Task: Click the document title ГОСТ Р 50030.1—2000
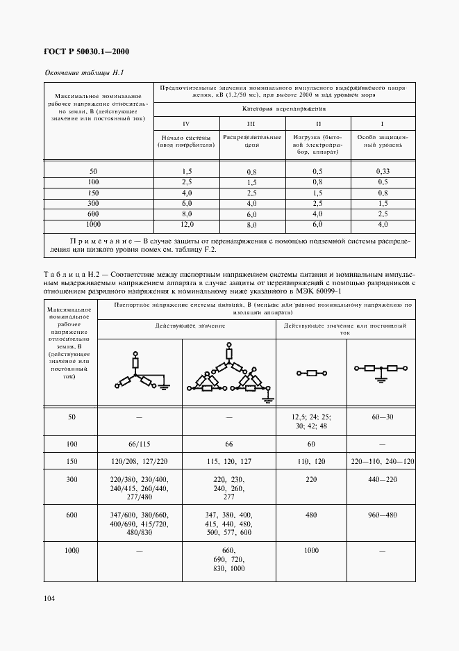[x=87, y=52]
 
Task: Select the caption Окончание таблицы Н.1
[x=84, y=73]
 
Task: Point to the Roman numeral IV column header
[x=186, y=123]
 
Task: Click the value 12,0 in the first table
[x=186, y=225]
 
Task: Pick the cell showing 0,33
[x=382, y=170]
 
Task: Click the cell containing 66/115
[x=140, y=442]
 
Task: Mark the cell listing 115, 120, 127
[x=228, y=460]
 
